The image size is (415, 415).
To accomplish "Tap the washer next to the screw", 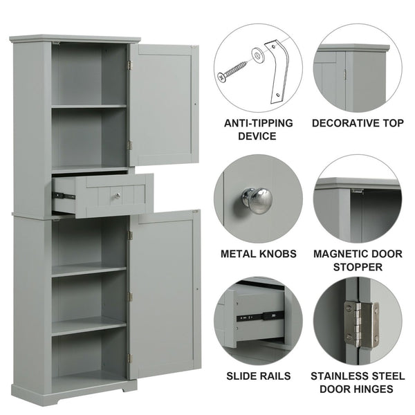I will [257, 55].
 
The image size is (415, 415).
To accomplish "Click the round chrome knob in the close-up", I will [257, 200].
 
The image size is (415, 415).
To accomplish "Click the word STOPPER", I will [356, 267].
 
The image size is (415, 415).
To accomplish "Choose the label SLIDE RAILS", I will [258, 376].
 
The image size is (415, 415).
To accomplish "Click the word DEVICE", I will [258, 136].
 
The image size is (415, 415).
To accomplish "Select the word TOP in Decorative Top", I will [390, 123].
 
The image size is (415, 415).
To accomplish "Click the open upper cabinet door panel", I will [163, 104].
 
